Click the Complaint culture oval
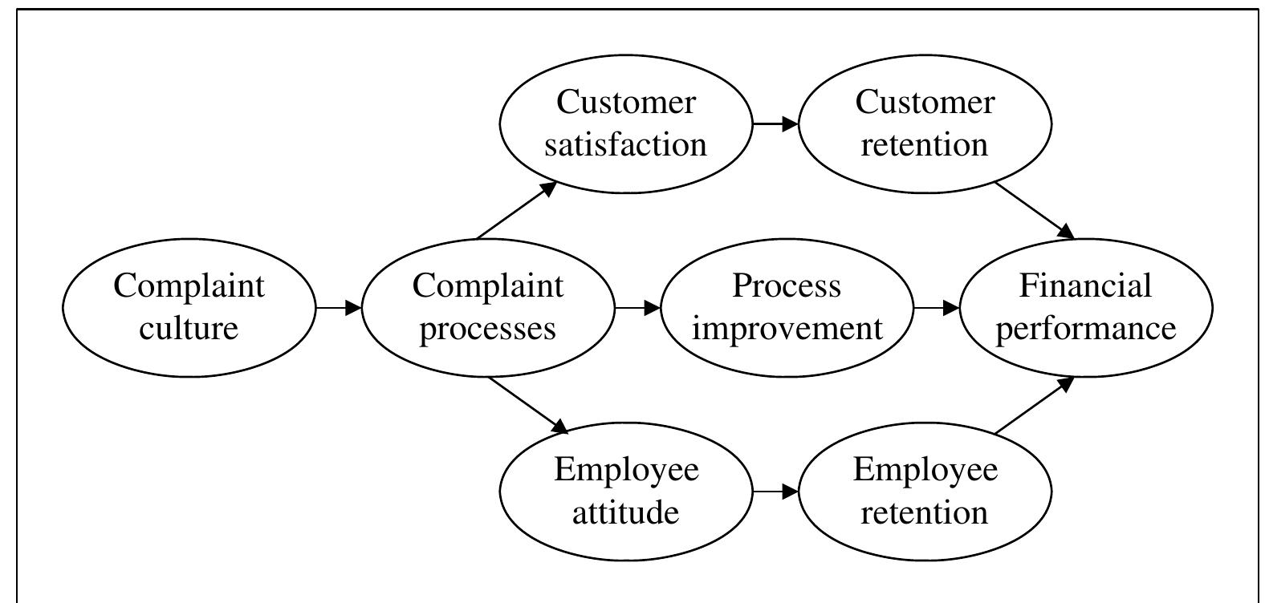click(x=189, y=307)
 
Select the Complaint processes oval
click(x=488, y=307)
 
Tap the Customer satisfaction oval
click(x=626, y=123)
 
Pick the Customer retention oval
click(x=925, y=123)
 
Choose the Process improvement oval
click(x=787, y=307)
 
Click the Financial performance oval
click(x=1086, y=307)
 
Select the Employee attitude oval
click(x=626, y=490)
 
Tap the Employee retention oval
click(x=925, y=490)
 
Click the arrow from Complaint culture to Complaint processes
click(x=338, y=307)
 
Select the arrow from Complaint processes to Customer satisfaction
click(x=517, y=210)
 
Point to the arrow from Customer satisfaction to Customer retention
click(x=775, y=123)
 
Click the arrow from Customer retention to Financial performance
click(x=1034, y=210)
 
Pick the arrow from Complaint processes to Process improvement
click(x=637, y=307)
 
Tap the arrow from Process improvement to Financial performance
click(x=936, y=307)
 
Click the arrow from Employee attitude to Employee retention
click(x=775, y=490)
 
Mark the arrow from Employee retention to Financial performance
click(x=1034, y=406)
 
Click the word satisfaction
click(x=626, y=145)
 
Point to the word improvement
click(x=787, y=329)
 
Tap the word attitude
click(x=626, y=512)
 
